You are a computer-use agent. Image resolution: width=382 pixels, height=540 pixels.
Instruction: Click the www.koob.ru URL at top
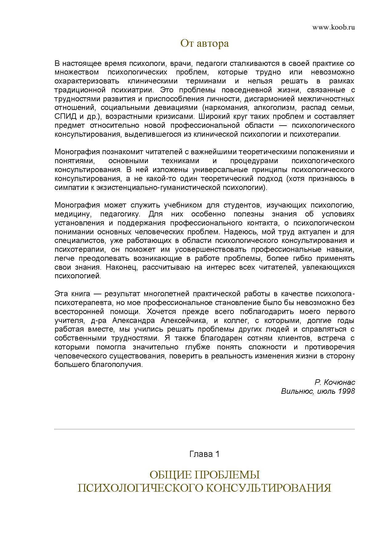click(334, 27)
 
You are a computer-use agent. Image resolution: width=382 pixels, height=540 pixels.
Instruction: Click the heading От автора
click(204, 43)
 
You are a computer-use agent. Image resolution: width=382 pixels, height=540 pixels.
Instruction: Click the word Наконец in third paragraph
click(122, 267)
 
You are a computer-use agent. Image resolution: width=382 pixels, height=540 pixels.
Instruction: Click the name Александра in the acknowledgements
click(133, 320)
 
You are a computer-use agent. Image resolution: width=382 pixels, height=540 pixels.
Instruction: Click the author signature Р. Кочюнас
click(335, 382)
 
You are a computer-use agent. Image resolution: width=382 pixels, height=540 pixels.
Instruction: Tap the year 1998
click(347, 391)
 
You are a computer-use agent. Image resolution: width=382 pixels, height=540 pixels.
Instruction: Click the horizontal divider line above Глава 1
click(204, 429)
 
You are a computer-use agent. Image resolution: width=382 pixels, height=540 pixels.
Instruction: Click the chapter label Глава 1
click(204, 454)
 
